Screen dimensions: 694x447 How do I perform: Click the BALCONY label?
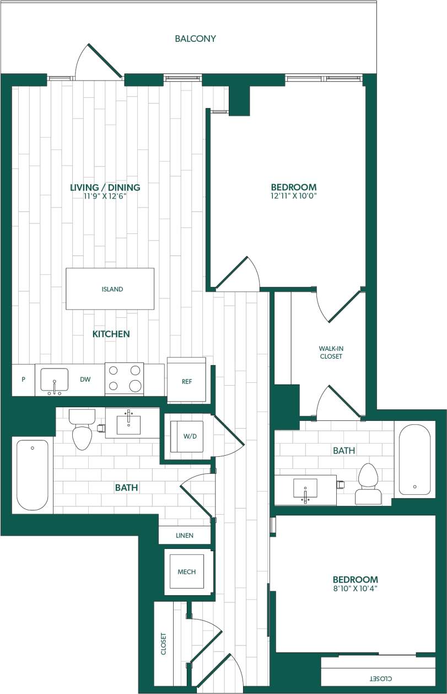pos(195,39)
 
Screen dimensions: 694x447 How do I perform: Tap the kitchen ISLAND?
pos(110,289)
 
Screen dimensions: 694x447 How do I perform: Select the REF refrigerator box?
pos(186,381)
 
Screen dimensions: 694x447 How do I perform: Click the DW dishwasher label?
pos(85,380)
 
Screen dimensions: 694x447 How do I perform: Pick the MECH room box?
pos(186,572)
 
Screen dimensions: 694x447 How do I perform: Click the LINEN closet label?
pos(185,536)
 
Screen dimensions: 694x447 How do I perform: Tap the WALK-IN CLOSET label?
pos(331,353)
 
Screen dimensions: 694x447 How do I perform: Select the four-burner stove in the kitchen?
pos(124,378)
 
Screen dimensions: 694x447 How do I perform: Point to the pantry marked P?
pos(23,380)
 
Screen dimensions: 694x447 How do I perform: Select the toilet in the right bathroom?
pos(367,484)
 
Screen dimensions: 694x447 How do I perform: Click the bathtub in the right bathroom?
pos(414,459)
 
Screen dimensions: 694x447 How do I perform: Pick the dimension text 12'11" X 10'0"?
pos(294,195)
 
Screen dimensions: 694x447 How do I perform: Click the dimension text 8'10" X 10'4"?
pos(355,589)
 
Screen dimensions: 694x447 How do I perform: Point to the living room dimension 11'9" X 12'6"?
pos(105,196)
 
